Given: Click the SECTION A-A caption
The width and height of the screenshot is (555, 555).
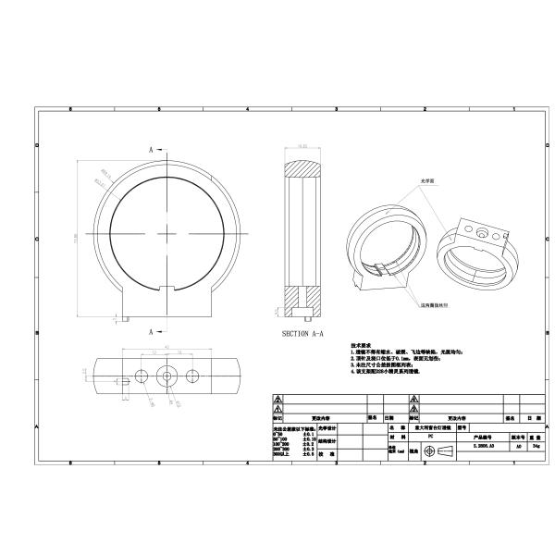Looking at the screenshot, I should click(x=304, y=333).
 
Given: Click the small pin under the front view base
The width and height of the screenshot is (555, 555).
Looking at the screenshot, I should click(x=123, y=318).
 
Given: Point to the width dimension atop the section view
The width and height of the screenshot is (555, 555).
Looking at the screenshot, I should click(x=302, y=145).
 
